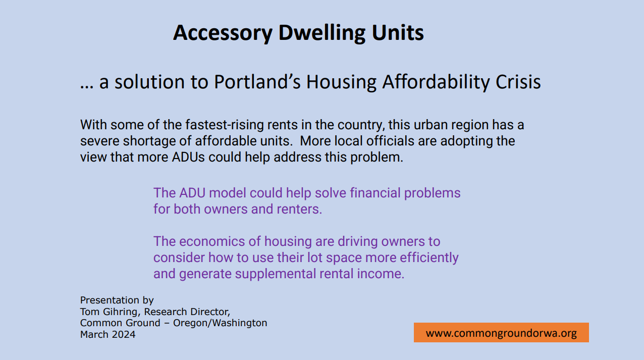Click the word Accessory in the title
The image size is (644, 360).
[223, 33]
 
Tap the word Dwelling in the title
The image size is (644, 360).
[322, 33]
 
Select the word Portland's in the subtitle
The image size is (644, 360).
[257, 82]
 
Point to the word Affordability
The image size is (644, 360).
[436, 82]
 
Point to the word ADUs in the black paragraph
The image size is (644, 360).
[188, 158]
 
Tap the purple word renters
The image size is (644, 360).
[299, 210]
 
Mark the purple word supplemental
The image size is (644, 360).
[276, 274]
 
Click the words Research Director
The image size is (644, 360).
[186, 312]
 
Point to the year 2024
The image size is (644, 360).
[124, 334]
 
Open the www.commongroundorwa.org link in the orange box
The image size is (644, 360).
[501, 333]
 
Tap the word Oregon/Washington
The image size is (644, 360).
[220, 323]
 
